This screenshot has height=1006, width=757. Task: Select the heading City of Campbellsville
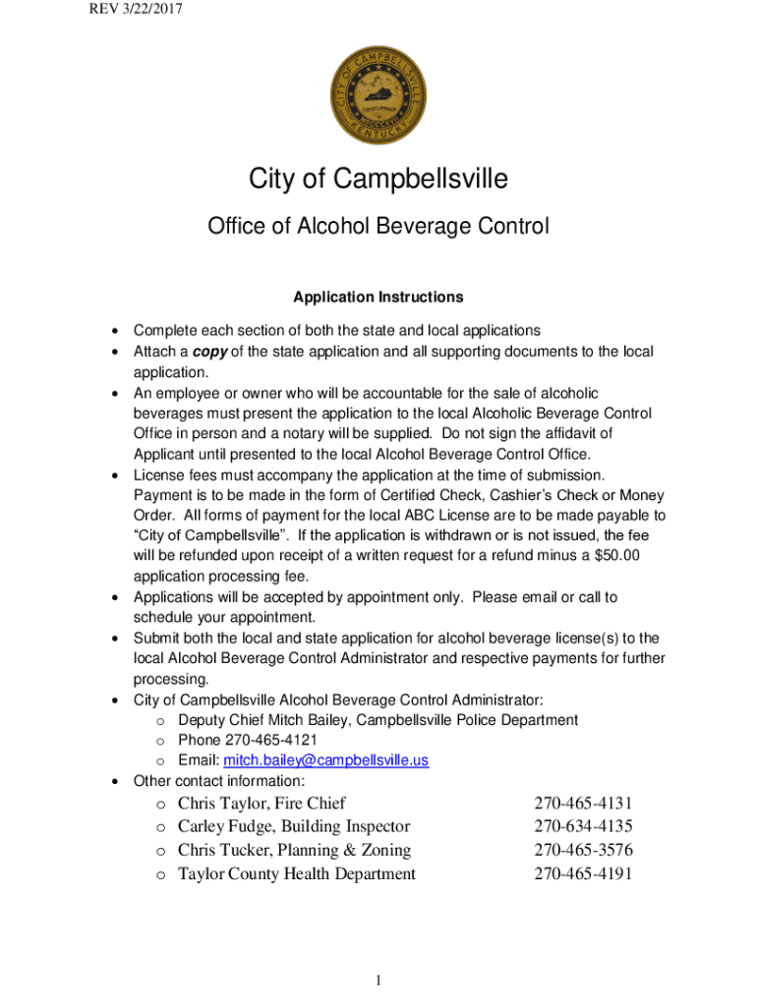(x=378, y=180)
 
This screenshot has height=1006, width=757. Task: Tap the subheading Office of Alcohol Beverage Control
(x=378, y=227)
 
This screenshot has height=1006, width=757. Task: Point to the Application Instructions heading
(x=378, y=297)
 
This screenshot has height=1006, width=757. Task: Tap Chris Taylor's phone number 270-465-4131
(x=583, y=804)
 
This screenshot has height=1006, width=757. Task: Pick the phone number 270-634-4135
(x=583, y=827)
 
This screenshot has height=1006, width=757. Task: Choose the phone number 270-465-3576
(x=583, y=851)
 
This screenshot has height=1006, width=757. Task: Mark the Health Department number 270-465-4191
(x=583, y=874)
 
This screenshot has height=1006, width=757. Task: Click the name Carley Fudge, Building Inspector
(x=294, y=827)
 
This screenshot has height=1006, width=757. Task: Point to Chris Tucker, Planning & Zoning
(x=294, y=851)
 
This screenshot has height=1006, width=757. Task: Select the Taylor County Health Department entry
(x=296, y=874)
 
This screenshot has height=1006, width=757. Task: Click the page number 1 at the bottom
(x=378, y=980)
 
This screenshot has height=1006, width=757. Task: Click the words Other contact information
(x=218, y=781)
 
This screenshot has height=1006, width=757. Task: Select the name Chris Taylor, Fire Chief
(x=262, y=804)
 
